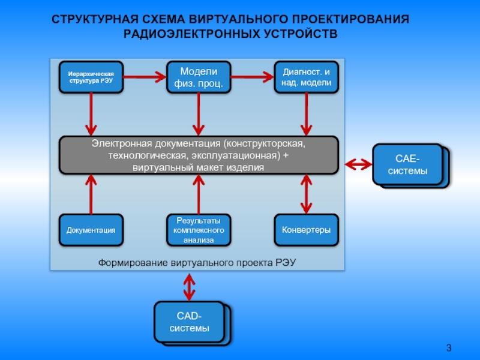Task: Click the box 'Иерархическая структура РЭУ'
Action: click(x=91, y=77)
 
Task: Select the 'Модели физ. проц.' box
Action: click(x=199, y=77)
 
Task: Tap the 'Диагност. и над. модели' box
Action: click(x=307, y=77)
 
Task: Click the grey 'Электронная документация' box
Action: click(x=198, y=155)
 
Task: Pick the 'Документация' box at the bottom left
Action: click(x=91, y=230)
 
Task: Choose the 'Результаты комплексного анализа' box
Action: click(x=199, y=230)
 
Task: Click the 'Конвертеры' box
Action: click(x=307, y=230)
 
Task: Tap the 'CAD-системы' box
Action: click(x=190, y=322)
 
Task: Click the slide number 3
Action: click(x=449, y=348)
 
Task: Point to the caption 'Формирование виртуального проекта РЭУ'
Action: click(x=198, y=263)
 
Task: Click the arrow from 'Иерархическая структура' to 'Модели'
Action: click(x=144, y=76)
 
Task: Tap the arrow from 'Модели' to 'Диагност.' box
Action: click(x=253, y=76)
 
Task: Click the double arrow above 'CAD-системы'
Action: click(x=190, y=287)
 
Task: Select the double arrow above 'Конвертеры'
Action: click(x=307, y=193)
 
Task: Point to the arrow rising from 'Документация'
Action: click(x=91, y=193)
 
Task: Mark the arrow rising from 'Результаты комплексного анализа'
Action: click(x=199, y=193)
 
